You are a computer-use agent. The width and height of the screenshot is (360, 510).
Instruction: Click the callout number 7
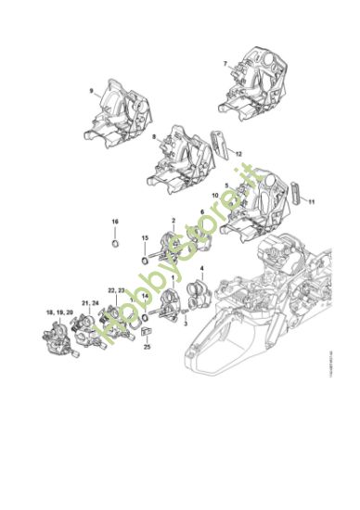click(x=225, y=63)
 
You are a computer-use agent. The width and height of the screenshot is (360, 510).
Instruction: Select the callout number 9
click(x=91, y=90)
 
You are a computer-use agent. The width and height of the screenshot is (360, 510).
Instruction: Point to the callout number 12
click(x=238, y=153)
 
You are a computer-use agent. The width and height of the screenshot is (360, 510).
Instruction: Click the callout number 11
click(x=312, y=200)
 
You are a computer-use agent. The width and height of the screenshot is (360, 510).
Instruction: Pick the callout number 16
click(x=115, y=222)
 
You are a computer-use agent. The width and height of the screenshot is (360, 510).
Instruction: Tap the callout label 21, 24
click(x=89, y=302)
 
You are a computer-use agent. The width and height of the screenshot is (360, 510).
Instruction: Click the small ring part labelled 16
click(x=115, y=243)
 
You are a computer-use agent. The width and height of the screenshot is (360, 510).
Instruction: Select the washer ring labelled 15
click(x=145, y=261)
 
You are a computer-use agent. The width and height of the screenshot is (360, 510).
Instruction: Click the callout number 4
click(x=201, y=269)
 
